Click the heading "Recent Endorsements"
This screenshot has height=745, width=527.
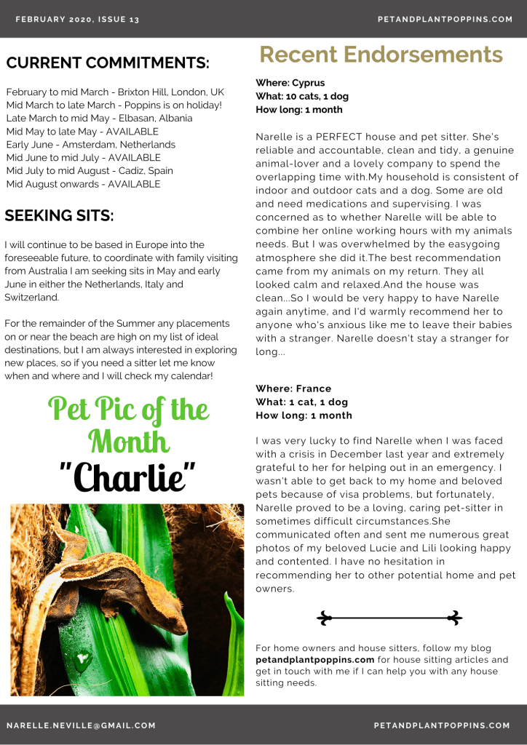pyautogui.click(x=381, y=55)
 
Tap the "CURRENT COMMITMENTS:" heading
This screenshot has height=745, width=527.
pyautogui.click(x=108, y=63)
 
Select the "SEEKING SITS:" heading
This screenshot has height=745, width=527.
pyautogui.click(x=59, y=215)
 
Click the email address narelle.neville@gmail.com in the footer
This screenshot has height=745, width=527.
pyautogui.click(x=81, y=725)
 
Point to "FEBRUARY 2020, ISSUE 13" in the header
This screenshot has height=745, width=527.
pyautogui.click(x=77, y=20)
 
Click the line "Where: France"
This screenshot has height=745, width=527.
pyautogui.click(x=293, y=389)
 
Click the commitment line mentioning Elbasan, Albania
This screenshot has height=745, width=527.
pyautogui.click(x=99, y=119)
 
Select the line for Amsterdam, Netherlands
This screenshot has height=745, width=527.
pyautogui.click(x=90, y=145)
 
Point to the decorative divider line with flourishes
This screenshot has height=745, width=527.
pyautogui.click(x=389, y=618)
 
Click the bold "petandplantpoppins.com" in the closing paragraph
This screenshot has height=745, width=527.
pyautogui.click(x=315, y=660)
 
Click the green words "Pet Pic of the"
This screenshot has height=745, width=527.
pyautogui.click(x=128, y=409)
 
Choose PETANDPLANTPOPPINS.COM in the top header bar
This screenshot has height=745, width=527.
pyautogui.click(x=445, y=20)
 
